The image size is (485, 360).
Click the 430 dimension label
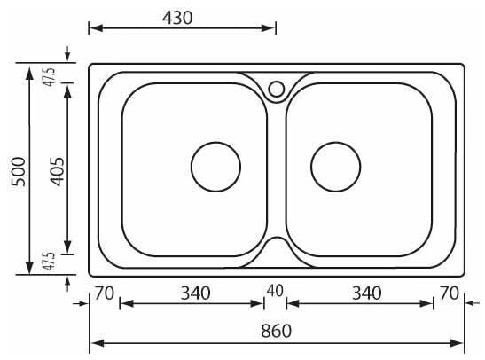[x=177, y=18]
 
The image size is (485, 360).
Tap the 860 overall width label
[x=276, y=331]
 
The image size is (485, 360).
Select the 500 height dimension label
[x=19, y=171]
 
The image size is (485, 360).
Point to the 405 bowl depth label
[x=58, y=172]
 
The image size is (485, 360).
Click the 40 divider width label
[x=275, y=291]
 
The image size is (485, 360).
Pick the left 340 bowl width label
[x=195, y=293]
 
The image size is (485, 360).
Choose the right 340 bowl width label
[x=367, y=293]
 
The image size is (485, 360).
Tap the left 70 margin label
[x=105, y=293]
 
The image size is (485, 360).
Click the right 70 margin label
[x=450, y=293]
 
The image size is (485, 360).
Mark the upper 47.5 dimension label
[x=50, y=77]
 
